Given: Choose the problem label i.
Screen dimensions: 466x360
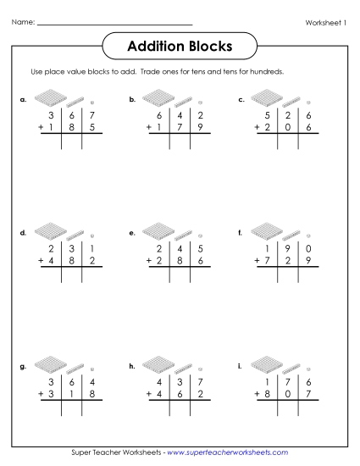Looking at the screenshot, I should (241, 366).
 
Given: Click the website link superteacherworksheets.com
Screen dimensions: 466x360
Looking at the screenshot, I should (227, 453).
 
